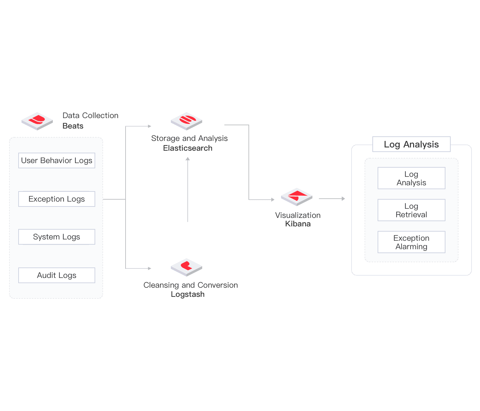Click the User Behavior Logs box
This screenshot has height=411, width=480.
click(57, 160)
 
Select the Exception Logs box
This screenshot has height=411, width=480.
click(57, 199)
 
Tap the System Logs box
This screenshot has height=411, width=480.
click(57, 237)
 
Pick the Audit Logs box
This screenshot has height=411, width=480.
click(57, 275)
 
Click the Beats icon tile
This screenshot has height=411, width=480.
click(37, 121)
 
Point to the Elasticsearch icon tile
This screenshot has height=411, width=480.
click(187, 121)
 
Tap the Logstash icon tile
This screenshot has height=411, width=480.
click(187, 267)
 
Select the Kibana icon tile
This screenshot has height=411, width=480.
click(296, 197)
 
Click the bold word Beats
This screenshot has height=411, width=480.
click(73, 126)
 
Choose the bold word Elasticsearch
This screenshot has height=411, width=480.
click(187, 148)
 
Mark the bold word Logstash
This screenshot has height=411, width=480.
click(187, 294)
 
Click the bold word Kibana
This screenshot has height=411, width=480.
click(298, 224)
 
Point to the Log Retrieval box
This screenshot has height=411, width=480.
click(411, 210)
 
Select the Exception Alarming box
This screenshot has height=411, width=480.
click(411, 242)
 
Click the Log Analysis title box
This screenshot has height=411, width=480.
click(411, 144)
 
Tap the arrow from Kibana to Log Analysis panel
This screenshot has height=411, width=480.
click(332, 199)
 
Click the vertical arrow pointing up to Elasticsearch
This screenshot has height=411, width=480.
click(187, 190)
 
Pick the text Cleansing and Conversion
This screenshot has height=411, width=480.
click(191, 285)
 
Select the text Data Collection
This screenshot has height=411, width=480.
click(91, 115)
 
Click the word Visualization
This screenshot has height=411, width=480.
click(298, 215)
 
